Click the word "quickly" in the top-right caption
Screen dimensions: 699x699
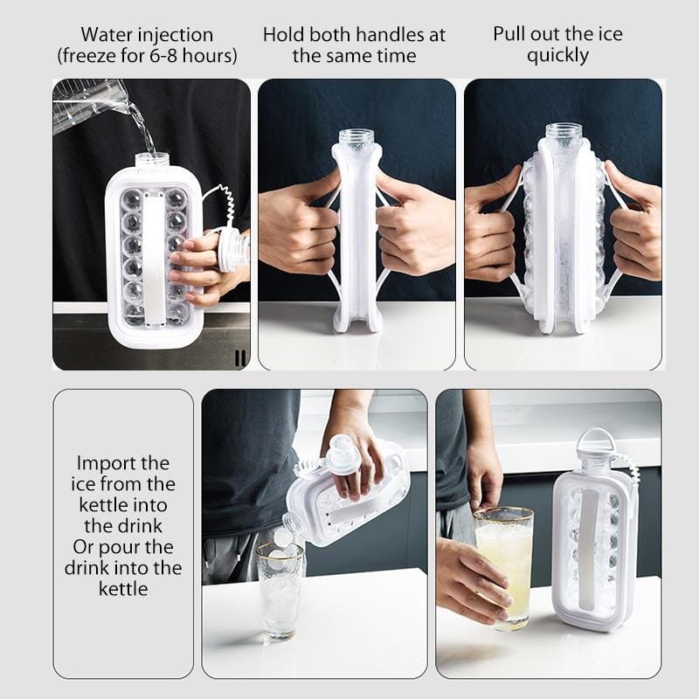tap(557, 56)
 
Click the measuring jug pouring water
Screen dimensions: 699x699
tap(88, 106)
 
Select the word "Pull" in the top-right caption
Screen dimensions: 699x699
tap(508, 34)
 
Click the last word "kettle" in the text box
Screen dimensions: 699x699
tap(123, 589)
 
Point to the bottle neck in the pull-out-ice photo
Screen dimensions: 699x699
tap(564, 133)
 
